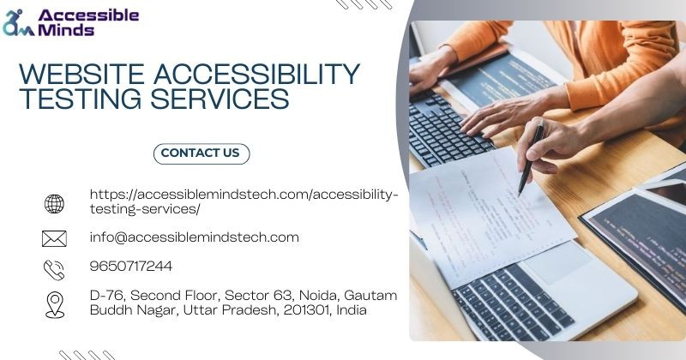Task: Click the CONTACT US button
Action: point(202,153)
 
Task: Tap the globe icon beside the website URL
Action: point(54,204)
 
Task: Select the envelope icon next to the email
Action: point(54,239)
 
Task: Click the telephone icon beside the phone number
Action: point(54,270)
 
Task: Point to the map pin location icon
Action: point(55,305)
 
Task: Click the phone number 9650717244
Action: point(131,266)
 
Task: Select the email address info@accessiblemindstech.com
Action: point(195,237)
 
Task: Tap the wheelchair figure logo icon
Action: point(18,23)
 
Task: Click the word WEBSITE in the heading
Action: point(81,74)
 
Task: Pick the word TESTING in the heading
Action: point(81,99)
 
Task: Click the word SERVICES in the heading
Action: point(220,99)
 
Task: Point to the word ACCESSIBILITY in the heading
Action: point(256,74)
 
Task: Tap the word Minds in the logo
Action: point(66,29)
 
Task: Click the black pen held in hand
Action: point(532,159)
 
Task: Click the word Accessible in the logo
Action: point(88,15)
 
